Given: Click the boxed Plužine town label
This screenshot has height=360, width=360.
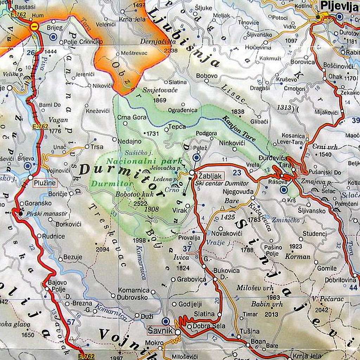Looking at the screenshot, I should (x=45, y=182).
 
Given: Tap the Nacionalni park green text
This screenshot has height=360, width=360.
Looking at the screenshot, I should (x=144, y=161).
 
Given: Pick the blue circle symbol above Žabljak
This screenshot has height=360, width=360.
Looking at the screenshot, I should (x=197, y=158).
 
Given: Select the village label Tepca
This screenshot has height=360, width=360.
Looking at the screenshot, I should (x=177, y=127).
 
